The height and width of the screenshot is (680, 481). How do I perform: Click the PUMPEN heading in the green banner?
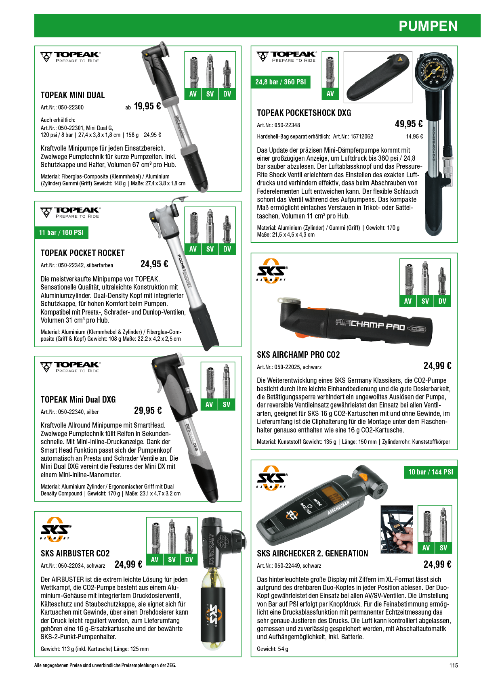[428, 26]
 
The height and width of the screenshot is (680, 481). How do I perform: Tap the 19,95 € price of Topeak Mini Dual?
[147, 106]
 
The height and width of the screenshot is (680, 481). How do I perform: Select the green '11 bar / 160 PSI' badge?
[61, 233]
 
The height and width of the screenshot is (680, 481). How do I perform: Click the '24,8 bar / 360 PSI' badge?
[280, 82]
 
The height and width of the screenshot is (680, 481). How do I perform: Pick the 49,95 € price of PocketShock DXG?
[409, 124]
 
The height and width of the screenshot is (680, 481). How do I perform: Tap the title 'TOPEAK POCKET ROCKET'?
[83, 253]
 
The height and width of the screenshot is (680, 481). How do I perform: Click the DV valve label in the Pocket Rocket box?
[227, 249]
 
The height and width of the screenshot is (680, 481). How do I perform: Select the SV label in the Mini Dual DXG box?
[227, 404]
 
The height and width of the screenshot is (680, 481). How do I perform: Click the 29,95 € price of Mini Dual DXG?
[148, 411]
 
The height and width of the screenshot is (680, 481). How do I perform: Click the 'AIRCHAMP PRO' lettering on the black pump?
[370, 325]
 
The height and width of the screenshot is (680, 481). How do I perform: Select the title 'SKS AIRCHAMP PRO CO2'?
[298, 355]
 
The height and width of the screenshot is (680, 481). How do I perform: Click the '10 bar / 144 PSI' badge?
[431, 472]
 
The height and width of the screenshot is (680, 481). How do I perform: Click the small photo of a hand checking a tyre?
[397, 529]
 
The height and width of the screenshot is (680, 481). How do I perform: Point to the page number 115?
[454, 665]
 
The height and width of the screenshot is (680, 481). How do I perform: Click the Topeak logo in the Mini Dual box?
[70, 57]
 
